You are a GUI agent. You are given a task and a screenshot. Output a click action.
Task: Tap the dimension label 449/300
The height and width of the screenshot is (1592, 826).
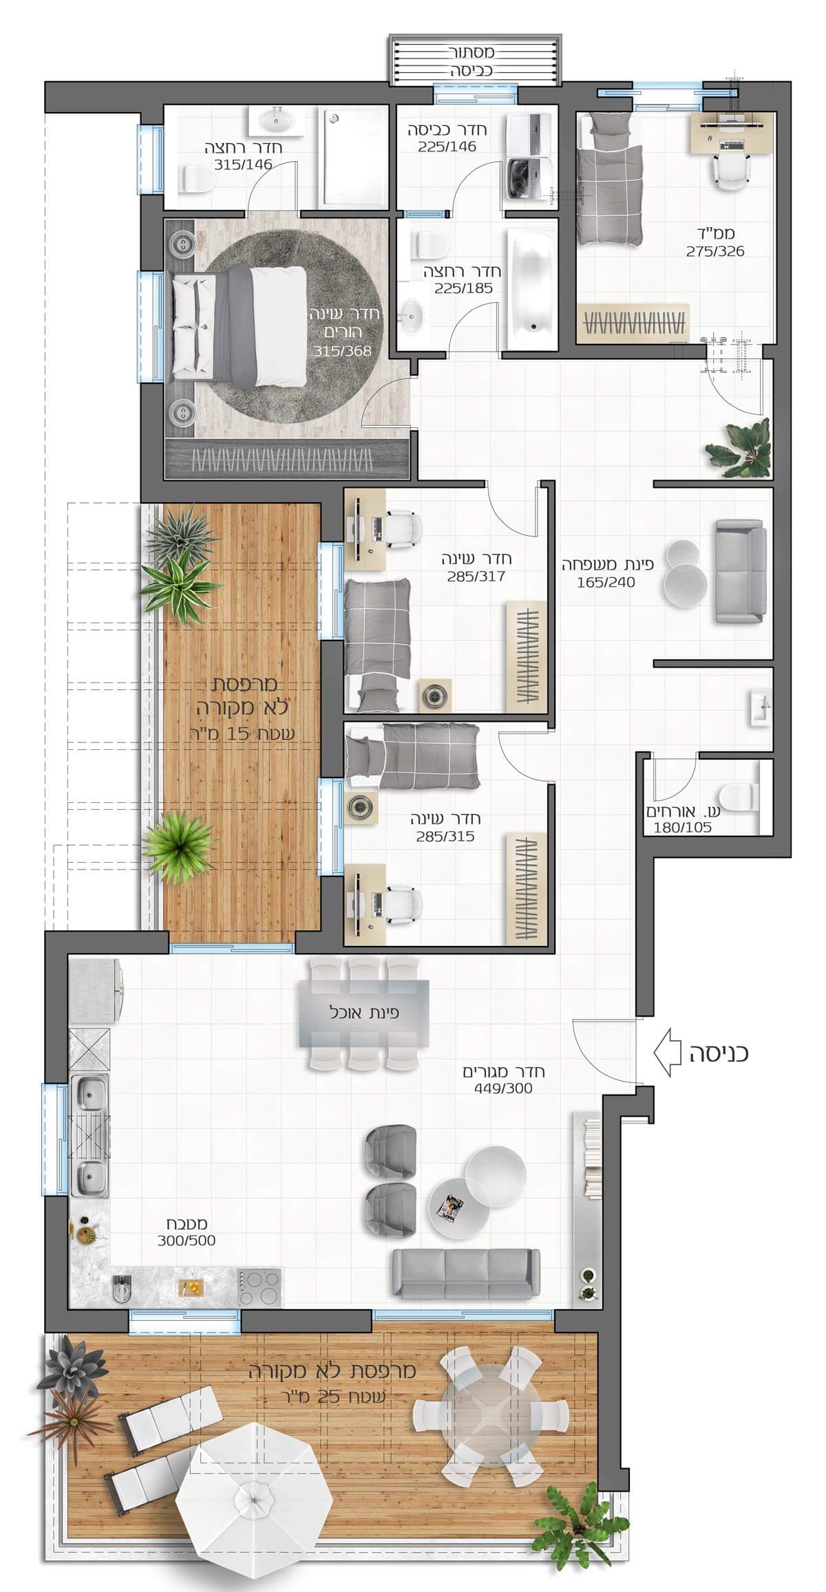502,1088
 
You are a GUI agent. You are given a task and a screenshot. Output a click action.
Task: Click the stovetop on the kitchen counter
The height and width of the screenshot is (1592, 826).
260,1288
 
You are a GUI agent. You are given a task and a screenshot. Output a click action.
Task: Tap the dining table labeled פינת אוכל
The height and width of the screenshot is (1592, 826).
363,1013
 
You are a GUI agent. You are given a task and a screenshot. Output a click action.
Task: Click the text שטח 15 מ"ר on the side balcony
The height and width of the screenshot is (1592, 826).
242,733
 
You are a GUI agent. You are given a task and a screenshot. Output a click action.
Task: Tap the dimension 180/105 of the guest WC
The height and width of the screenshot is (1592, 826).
682,828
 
